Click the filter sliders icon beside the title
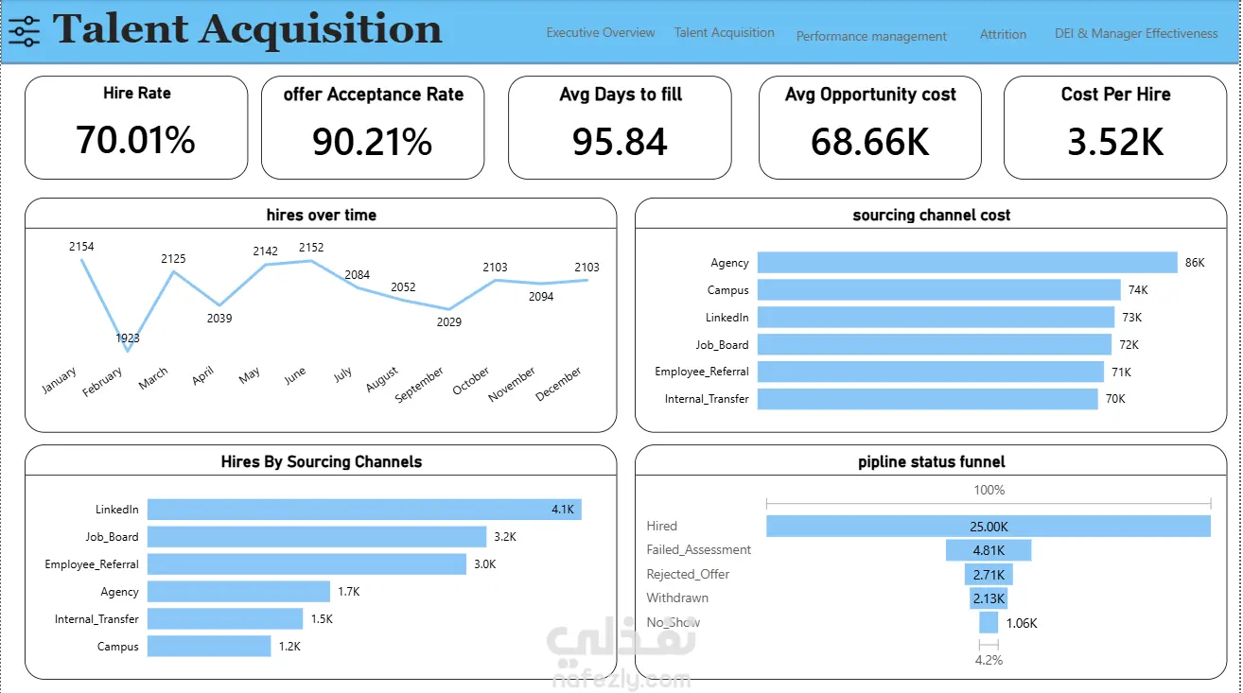[25, 31]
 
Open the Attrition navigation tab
[1003, 34]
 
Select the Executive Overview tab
[601, 33]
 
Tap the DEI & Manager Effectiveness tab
[1136, 33]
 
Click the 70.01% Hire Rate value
[135, 140]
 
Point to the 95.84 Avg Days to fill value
[620, 142]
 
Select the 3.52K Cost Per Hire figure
[1115, 142]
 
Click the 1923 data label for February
[128, 338]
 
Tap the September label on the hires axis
[419, 384]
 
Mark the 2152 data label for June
[311, 248]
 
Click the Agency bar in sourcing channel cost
[967, 262]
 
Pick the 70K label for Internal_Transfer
[1115, 399]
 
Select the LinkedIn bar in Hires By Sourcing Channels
[364, 509]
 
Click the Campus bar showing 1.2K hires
[209, 646]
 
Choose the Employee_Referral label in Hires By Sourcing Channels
[92, 563]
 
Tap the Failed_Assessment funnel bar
[989, 550]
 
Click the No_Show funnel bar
[989, 622]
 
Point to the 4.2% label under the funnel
[989, 660]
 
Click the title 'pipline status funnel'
[931, 461]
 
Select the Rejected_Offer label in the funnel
[688, 574]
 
